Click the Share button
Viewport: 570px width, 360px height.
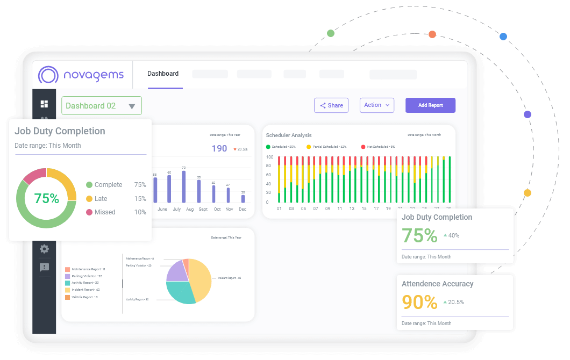(x=331, y=105)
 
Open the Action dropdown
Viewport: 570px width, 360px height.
(x=376, y=105)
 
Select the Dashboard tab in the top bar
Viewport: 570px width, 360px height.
(x=163, y=74)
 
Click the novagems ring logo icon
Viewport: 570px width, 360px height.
(x=48, y=75)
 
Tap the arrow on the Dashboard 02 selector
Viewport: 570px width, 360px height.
(x=132, y=106)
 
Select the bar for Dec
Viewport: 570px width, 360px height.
(x=243, y=198)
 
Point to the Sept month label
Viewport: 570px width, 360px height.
(x=203, y=209)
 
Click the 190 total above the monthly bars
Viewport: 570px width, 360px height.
(x=219, y=148)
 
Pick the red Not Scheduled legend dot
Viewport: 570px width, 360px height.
(x=363, y=147)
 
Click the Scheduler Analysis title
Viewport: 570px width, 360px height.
(x=289, y=135)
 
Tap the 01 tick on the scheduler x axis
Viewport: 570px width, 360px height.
(x=279, y=208)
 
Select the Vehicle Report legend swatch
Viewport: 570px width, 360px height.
(x=67, y=297)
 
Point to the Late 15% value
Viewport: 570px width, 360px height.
(x=140, y=198)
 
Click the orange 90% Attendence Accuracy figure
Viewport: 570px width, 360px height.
(x=419, y=302)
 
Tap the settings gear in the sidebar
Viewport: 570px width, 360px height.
(x=44, y=249)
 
